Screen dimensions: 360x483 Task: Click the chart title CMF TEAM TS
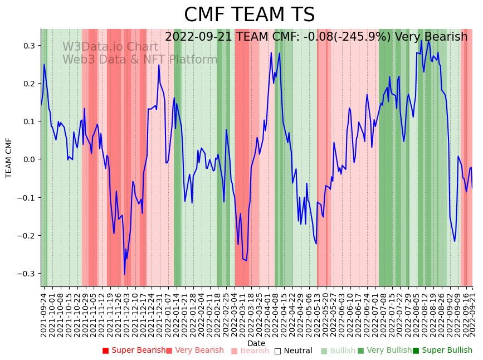pyautogui.click(x=249, y=15)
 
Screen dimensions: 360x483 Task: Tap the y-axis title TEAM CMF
pyautogui.click(x=9, y=158)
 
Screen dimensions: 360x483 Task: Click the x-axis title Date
pyautogui.click(x=256, y=343)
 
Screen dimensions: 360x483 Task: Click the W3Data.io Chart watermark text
pyautogui.click(x=110, y=47)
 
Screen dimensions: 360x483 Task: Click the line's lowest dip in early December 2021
pyautogui.click(x=125, y=274)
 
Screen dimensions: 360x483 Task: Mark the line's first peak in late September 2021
pyautogui.click(x=44, y=65)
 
